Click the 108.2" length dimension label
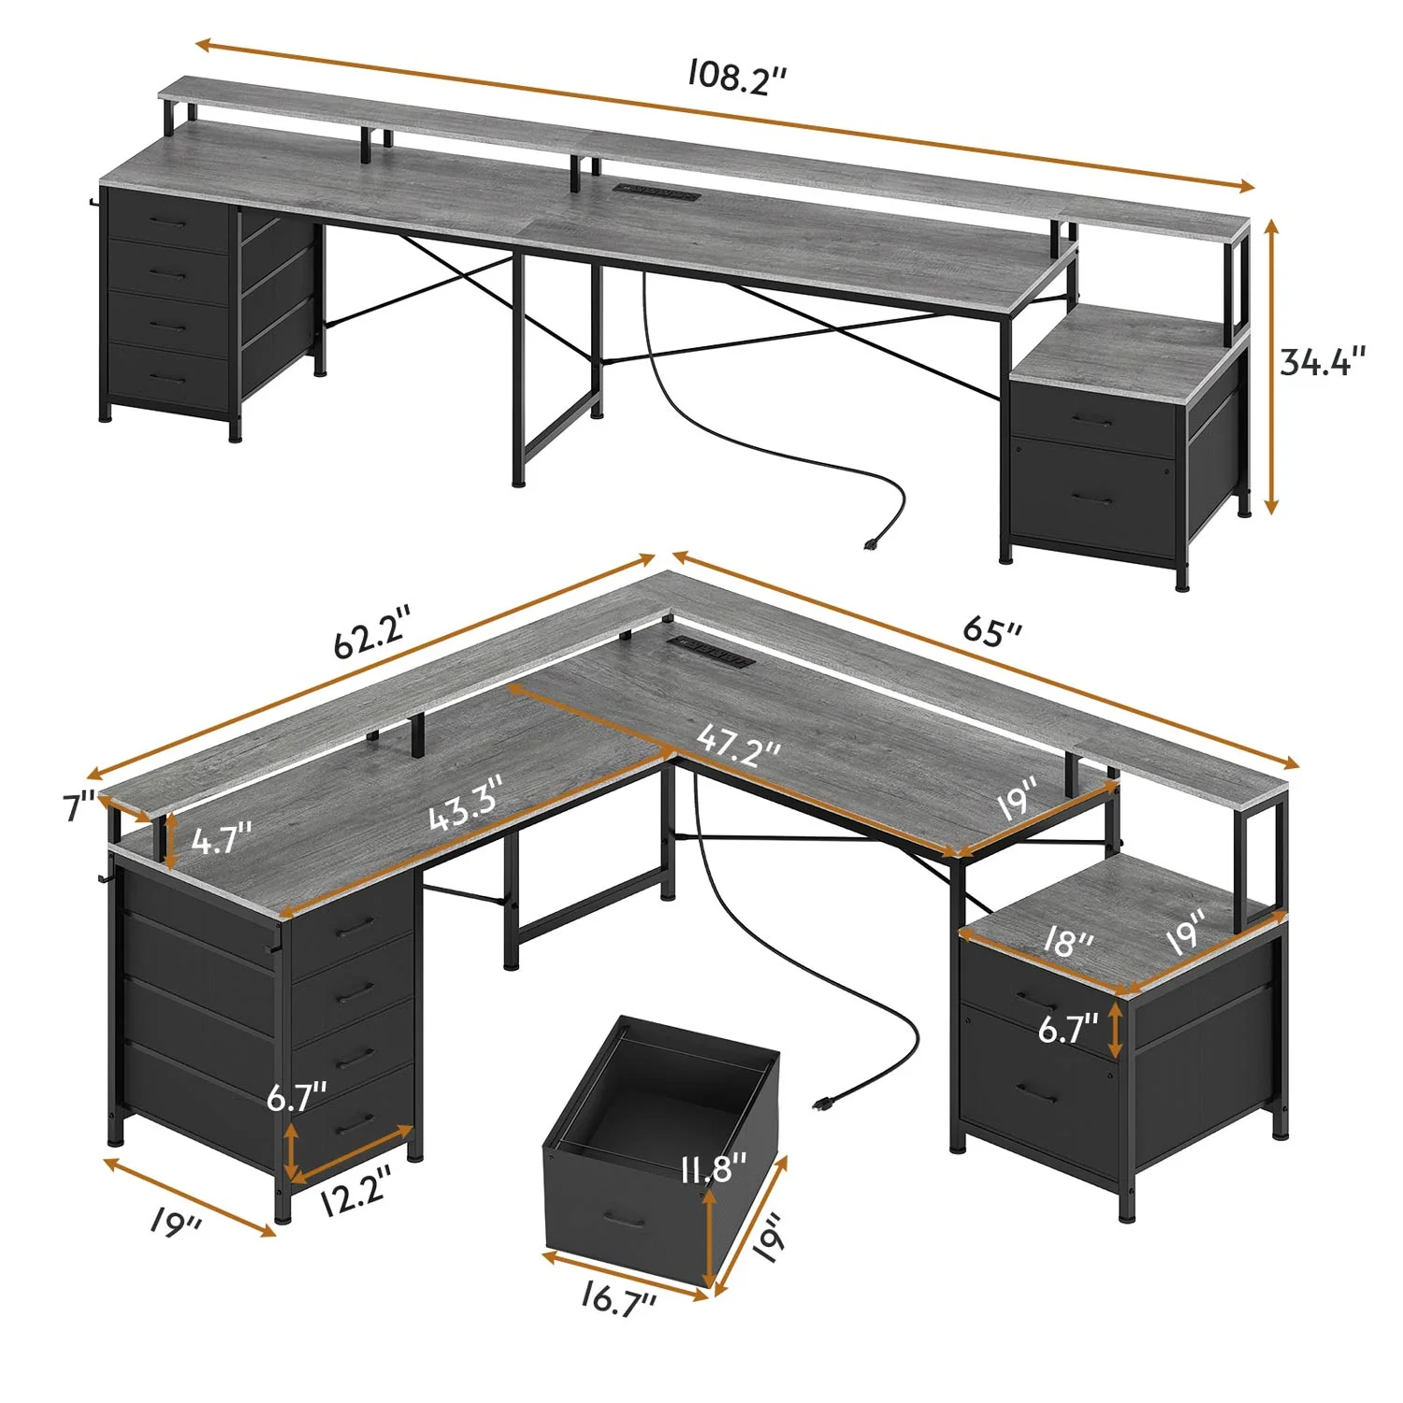click(736, 77)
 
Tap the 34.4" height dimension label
click(1323, 361)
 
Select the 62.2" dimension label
click(372, 633)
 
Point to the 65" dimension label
click(992, 631)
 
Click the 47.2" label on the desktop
click(738, 745)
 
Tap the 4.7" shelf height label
click(222, 839)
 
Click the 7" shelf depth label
click(79, 806)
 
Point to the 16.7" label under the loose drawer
click(618, 1299)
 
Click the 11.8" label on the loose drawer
click(714, 1167)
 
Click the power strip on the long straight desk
click(657, 194)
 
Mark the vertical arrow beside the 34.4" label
click(1270, 367)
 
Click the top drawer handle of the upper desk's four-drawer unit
click(168, 223)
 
